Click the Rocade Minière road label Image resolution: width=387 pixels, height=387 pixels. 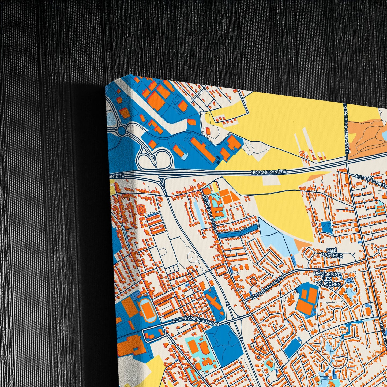pos(269,172)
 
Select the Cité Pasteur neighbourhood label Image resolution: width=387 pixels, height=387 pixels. pos(332,253)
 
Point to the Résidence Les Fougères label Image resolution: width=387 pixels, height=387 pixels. pos(328,279)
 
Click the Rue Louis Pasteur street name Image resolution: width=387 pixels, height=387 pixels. pos(268,286)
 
